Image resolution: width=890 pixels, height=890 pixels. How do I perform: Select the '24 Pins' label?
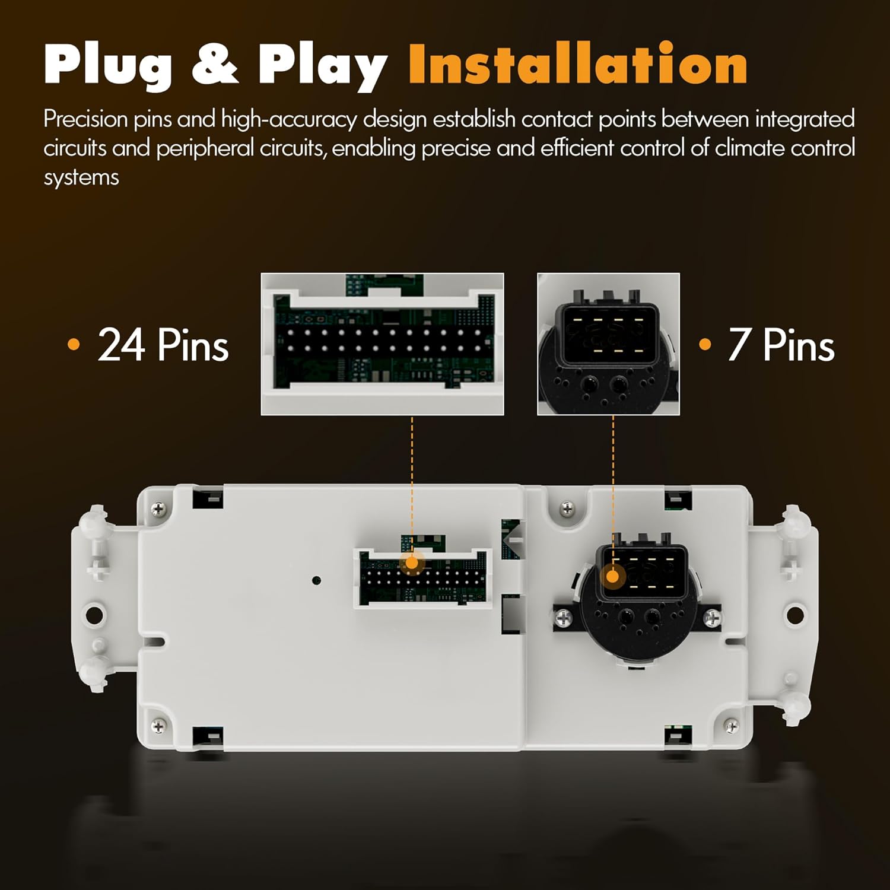point(163,345)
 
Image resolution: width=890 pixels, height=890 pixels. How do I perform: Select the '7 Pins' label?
point(781,345)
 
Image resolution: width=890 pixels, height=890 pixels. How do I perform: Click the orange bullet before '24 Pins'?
point(74,344)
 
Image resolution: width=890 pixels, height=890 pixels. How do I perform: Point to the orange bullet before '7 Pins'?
point(705,344)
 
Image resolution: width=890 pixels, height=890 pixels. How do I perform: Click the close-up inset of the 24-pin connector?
point(382,344)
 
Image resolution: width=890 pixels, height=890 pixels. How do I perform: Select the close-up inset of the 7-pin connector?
point(608,344)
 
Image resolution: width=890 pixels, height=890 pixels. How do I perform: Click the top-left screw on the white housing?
point(158,508)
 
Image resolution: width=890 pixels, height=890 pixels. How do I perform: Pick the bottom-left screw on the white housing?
point(158,726)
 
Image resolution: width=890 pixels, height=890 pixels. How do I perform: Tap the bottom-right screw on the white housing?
point(731,726)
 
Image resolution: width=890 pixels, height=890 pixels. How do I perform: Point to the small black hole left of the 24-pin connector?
point(317,580)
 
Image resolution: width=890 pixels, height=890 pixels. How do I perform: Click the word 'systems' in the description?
point(81,177)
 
